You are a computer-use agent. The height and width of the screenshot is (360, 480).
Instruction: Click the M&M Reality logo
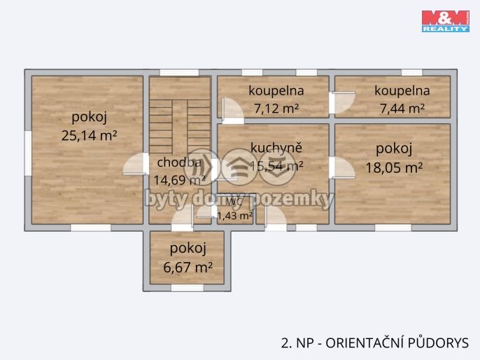point(445,21)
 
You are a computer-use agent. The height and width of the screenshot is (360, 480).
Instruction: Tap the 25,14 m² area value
point(89,136)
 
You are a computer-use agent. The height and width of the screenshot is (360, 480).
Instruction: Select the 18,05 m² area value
point(394,167)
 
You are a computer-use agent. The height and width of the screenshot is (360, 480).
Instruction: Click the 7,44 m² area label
point(402,108)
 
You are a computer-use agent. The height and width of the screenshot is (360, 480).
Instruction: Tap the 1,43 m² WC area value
point(235,216)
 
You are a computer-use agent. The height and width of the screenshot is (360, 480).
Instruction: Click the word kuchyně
point(276,148)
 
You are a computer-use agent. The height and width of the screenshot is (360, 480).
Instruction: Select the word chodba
point(179,162)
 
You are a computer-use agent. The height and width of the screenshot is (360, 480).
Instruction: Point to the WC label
point(235,203)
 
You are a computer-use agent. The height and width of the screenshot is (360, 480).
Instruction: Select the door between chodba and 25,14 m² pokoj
point(139,165)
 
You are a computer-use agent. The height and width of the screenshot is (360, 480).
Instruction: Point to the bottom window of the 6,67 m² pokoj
point(187,287)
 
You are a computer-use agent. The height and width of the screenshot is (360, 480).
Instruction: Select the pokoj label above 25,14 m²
point(89,116)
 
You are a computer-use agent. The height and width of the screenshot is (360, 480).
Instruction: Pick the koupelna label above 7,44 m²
point(402,90)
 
